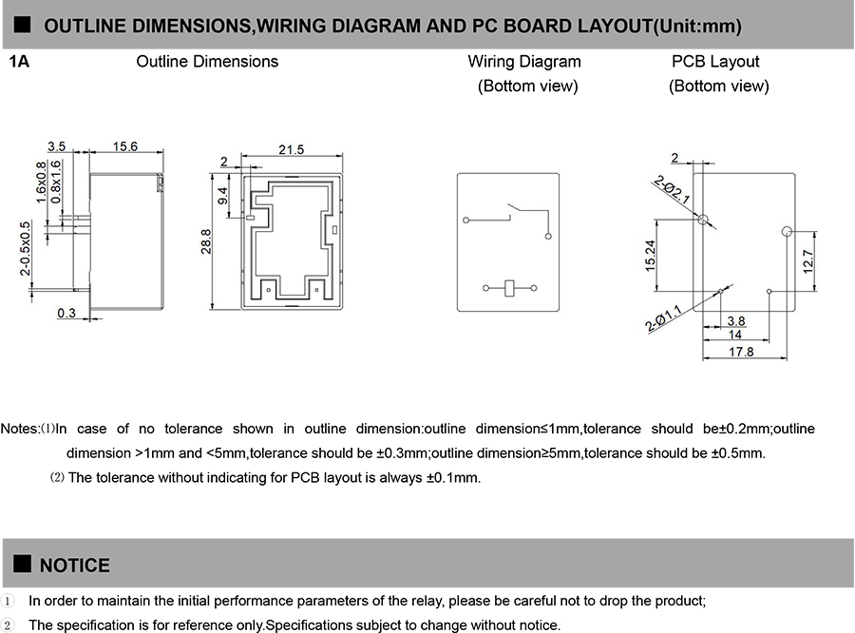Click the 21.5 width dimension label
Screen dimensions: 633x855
pos(292,149)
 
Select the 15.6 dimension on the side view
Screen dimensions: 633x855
pos(125,146)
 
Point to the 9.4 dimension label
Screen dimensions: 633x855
pos(223,197)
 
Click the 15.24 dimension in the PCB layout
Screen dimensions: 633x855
pos(651,255)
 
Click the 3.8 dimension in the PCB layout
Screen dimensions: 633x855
pos(735,320)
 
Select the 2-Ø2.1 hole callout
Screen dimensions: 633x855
pos(671,188)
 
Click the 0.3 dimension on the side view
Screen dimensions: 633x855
pos(66,313)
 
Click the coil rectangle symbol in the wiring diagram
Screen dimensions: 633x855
pos(509,287)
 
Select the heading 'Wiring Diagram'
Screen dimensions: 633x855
pos(524,62)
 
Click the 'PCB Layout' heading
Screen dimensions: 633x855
pos(715,62)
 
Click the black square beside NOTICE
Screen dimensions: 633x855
pos(24,566)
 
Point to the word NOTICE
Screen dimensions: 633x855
pos(74,566)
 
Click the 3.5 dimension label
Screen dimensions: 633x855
pos(56,146)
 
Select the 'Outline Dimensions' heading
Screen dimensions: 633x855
pos(207,62)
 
